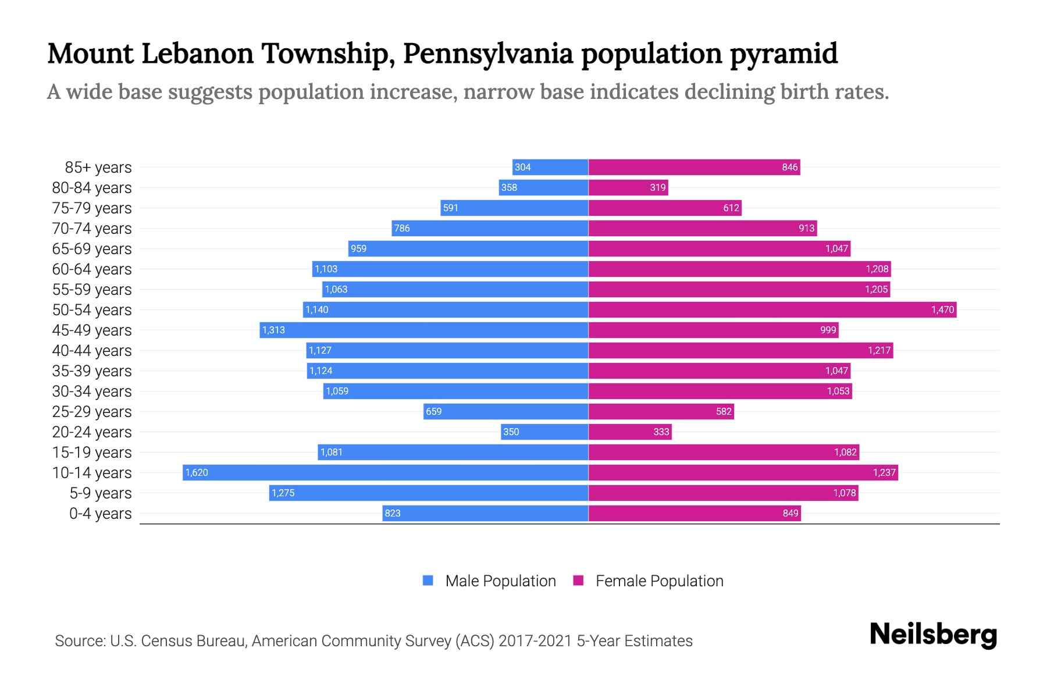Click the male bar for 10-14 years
[x=385, y=472]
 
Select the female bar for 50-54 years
[x=772, y=309]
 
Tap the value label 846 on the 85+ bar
[x=789, y=168]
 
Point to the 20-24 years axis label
[x=92, y=432]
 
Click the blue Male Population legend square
[x=428, y=581]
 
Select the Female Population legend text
[x=659, y=581]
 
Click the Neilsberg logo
[x=933, y=635]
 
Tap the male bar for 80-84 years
[x=543, y=187]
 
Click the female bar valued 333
[x=630, y=432]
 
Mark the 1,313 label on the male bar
[x=273, y=330]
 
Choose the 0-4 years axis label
[x=100, y=514]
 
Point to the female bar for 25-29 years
[x=661, y=411]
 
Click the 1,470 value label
[x=942, y=310]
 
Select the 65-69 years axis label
[x=92, y=249]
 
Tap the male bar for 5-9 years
[x=429, y=493]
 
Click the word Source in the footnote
[x=79, y=641]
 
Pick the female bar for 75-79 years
[x=665, y=208]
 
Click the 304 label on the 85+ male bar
[x=522, y=168]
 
